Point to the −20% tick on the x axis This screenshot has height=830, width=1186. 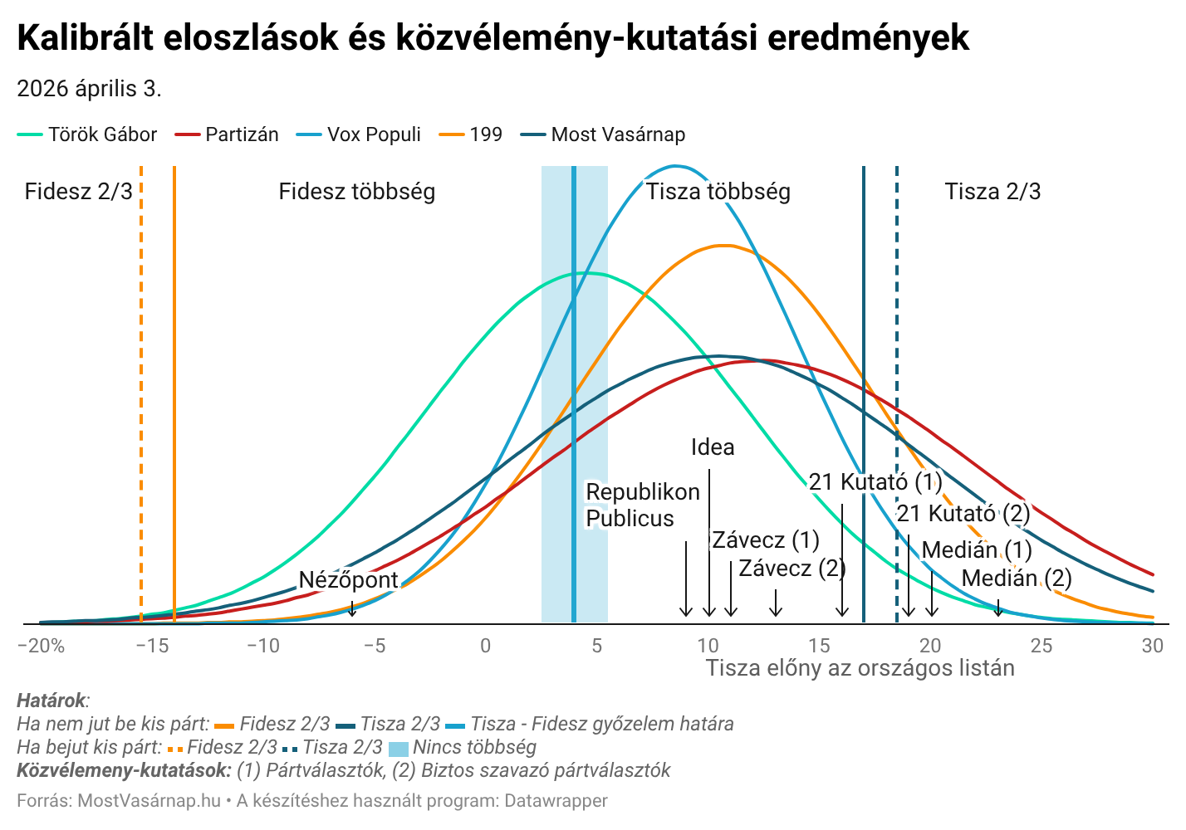tap(41, 646)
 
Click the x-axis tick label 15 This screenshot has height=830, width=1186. tap(819, 646)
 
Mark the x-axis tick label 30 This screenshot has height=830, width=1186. tap(1152, 646)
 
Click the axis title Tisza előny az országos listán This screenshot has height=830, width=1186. tap(860, 668)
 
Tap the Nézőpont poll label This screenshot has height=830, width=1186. tap(348, 579)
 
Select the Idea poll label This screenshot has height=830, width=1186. tap(713, 447)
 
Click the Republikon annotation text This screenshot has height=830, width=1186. tap(643, 492)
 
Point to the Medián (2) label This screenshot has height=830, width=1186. tap(1017, 578)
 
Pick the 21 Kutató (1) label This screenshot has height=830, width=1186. tap(875, 481)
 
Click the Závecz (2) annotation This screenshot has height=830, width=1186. tap(791, 569)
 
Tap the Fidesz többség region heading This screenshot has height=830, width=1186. tap(356, 192)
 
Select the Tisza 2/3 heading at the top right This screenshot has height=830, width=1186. tap(992, 192)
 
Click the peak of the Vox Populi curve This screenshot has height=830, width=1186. tap(675, 166)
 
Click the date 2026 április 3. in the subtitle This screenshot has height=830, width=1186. tap(89, 88)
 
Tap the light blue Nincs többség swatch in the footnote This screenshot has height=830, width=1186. tap(399, 748)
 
